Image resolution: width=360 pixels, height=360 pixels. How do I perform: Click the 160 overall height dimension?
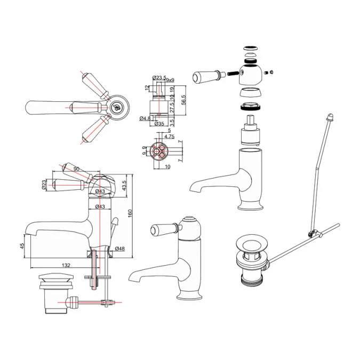pos(130,213)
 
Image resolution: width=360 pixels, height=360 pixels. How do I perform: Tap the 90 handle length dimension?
pos(76,169)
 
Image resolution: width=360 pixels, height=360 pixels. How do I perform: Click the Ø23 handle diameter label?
pos(44,184)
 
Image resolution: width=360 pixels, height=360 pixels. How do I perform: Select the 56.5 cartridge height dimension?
pos(184,100)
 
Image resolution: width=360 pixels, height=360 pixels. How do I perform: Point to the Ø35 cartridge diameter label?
pos(159,123)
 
